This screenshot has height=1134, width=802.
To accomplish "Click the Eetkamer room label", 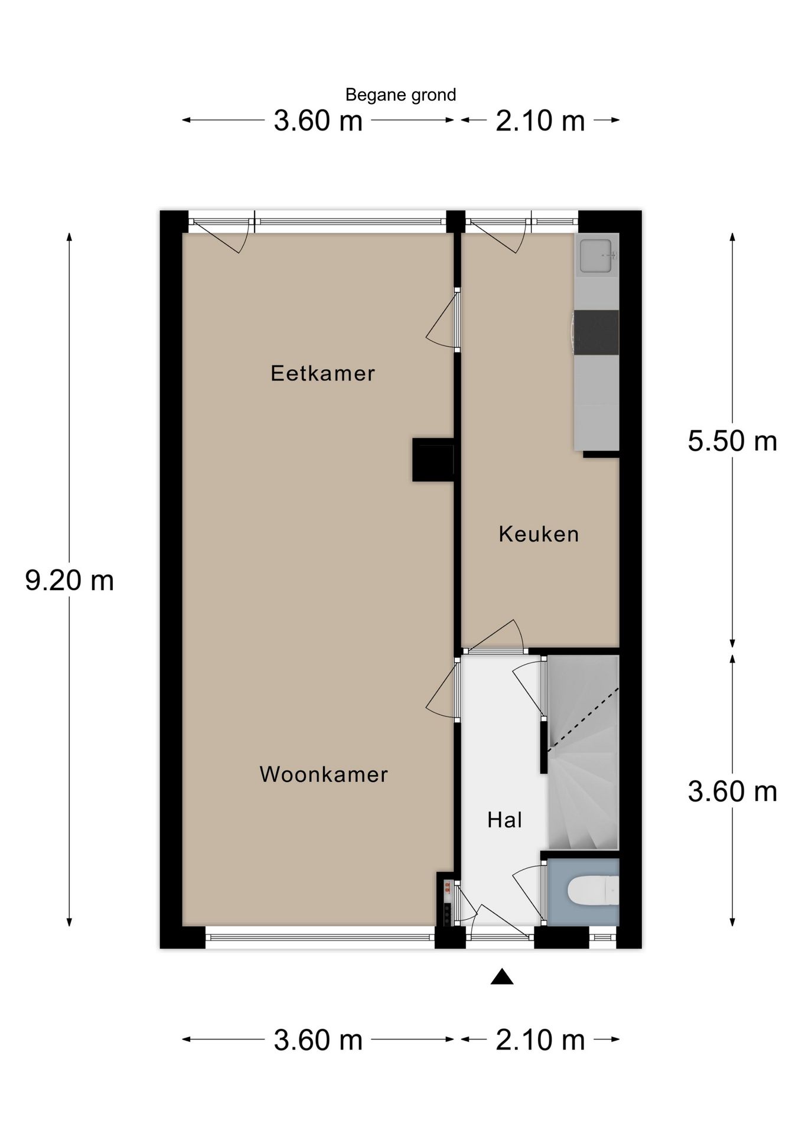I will click(x=322, y=373).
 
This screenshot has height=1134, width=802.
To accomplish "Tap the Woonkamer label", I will click(x=324, y=774).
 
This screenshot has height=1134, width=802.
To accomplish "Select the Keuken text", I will click(x=539, y=534).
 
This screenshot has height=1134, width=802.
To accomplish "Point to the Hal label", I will click(x=505, y=820).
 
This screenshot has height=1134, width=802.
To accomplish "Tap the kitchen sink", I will click(x=595, y=256).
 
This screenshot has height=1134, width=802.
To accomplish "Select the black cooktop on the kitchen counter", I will click(x=596, y=332).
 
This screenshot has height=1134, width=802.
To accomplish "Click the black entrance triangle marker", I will click(x=501, y=977).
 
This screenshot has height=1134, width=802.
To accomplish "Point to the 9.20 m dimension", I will click(x=70, y=581).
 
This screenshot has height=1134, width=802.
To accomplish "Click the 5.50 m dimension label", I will click(x=732, y=441).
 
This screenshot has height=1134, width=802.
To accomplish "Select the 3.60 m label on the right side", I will click(x=732, y=791).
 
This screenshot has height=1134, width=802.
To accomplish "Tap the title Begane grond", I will click(x=400, y=94).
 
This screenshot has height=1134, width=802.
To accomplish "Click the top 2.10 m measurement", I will click(x=540, y=121).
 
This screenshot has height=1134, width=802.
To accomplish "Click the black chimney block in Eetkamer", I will click(x=433, y=460).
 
